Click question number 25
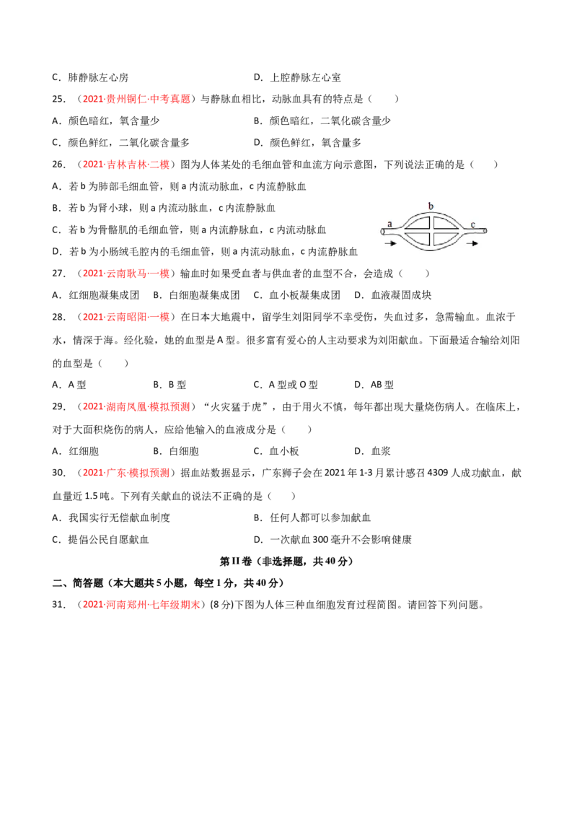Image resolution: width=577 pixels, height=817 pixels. pos(58,99)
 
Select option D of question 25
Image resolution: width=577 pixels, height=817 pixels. pos(307,143)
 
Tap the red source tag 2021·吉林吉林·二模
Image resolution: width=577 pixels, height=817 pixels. pos(126,165)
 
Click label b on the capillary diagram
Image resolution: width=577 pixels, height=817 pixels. pos(431,206)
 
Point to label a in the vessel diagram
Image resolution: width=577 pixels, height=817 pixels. pos(389,224)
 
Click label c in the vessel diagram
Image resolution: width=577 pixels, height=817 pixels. pos(473,224)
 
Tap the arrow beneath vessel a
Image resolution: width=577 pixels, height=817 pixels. pos(389,243)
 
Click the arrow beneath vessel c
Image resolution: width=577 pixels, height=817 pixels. pos(472,243)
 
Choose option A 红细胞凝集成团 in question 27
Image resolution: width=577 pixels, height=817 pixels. pos(96,295)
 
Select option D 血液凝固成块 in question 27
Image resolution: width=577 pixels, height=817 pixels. pos(392,295)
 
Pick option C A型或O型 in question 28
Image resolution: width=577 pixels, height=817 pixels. pos(286,385)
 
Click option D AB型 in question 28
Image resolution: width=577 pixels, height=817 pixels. pos(374,385)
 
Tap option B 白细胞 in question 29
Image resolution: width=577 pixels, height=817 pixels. pos(176,452)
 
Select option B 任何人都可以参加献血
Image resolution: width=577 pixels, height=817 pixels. pos(312,518)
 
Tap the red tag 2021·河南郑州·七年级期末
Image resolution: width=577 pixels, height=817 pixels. pos(141,605)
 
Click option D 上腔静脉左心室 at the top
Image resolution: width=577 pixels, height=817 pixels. pos(297,78)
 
